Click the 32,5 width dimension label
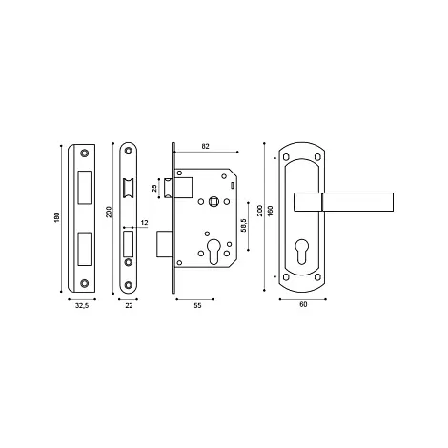point(82,306)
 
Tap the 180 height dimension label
point(57,217)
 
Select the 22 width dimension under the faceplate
point(129,306)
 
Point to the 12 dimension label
point(144,223)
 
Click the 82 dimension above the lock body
point(206,147)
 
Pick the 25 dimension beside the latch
point(154,188)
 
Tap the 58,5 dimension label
point(244,225)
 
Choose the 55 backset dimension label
point(197,306)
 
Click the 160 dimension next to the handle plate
point(270,211)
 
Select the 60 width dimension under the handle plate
point(303,304)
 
